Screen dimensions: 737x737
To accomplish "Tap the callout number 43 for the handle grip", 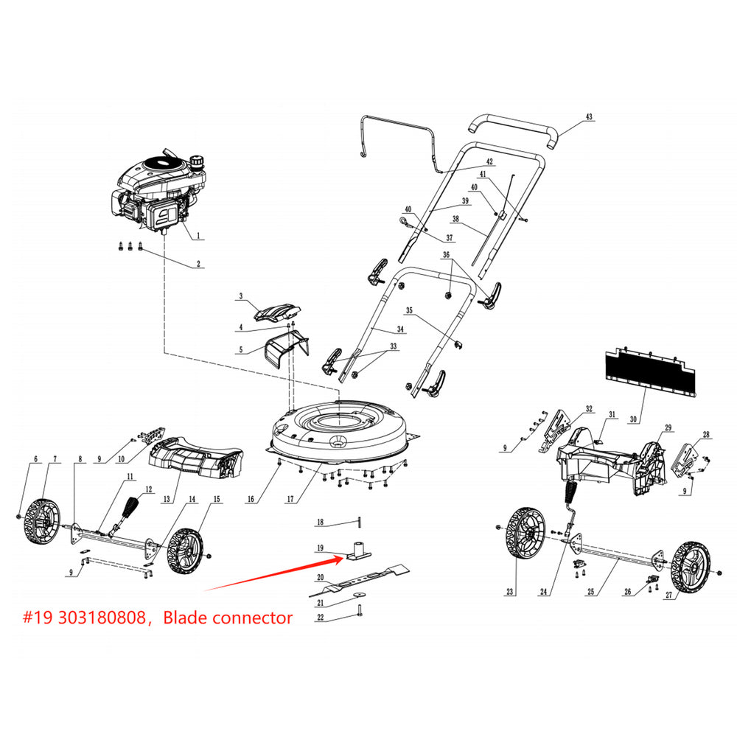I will pos(588,117).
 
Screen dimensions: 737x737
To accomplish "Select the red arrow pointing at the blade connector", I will pos(273,574).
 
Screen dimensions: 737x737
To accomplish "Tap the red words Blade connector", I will pos(228,618).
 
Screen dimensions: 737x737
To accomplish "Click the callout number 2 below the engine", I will pos(198,263).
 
